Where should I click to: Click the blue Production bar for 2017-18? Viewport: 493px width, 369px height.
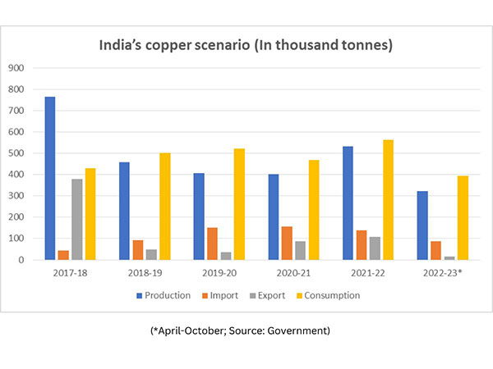pyautogui.click(x=50, y=178)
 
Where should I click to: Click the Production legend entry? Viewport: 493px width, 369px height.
pyautogui.click(x=165, y=295)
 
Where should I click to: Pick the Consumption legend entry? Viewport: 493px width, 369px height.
pyautogui.click(x=330, y=295)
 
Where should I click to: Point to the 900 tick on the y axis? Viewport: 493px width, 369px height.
pyautogui.click(x=16, y=68)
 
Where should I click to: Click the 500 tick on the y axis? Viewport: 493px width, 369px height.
pyautogui.click(x=16, y=153)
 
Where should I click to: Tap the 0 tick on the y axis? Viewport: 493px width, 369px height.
pyautogui.click(x=22, y=260)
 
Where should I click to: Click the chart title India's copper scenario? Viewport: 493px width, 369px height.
pyautogui.click(x=246, y=45)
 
